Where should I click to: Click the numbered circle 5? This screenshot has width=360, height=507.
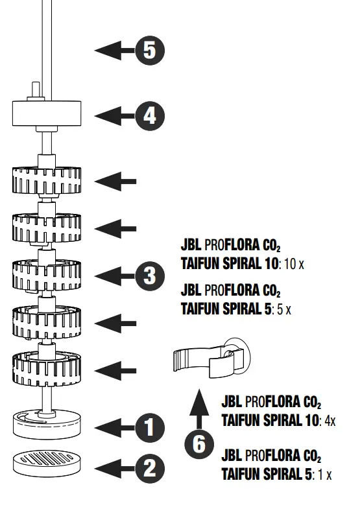(150, 50)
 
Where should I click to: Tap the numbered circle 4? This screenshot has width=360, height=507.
(150, 116)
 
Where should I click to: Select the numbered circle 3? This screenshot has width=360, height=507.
(150, 276)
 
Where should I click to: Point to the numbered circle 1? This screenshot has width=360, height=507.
(150, 427)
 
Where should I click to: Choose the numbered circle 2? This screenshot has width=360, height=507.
(150, 469)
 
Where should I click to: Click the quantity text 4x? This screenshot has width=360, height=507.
(330, 421)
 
